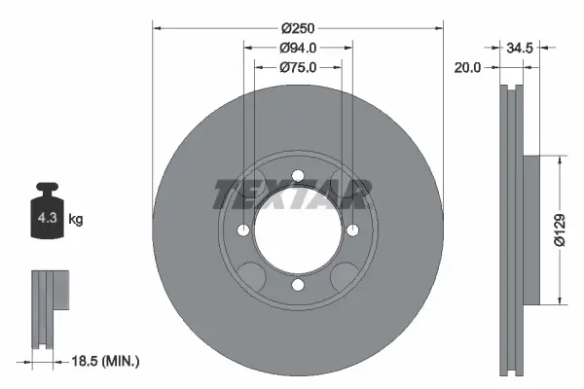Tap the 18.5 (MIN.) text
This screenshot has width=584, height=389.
(x=107, y=362)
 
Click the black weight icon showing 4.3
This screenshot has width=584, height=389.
(x=47, y=215)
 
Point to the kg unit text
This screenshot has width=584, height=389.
(x=76, y=220)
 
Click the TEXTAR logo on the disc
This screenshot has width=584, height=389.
(x=290, y=194)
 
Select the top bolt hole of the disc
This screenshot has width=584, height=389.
(x=298, y=176)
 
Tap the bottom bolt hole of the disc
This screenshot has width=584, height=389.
(x=298, y=284)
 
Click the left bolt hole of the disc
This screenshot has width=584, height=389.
(x=243, y=230)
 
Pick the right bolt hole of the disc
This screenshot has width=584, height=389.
(x=352, y=230)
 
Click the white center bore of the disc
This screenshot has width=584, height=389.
(x=298, y=230)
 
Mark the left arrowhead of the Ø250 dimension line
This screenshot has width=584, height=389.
(x=157, y=29)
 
